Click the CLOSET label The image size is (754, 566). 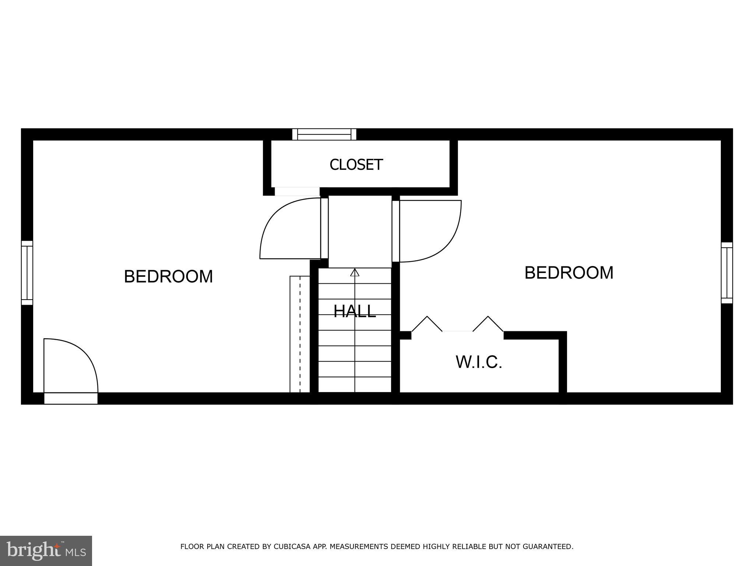356,165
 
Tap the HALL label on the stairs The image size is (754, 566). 355,311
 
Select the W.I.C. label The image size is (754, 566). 479,362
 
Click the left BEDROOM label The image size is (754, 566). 168,276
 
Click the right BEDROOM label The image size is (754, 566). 569,273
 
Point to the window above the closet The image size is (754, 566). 324,134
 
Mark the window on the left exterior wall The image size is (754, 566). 27,273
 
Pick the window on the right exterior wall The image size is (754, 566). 726,273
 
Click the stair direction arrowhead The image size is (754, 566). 355,272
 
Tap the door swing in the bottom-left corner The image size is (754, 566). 70,365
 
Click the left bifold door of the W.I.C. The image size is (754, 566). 427,324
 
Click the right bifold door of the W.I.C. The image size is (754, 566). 488,324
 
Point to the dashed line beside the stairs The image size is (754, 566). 300,333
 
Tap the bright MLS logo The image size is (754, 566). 46,551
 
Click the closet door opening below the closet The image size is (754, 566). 297,192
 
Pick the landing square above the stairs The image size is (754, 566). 360,231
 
